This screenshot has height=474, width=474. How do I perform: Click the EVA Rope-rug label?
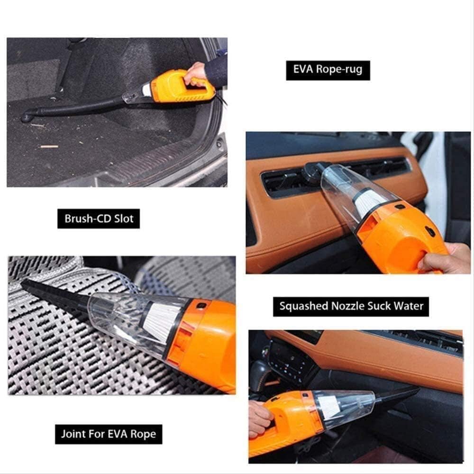point(328,70)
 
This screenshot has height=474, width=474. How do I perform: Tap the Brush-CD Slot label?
point(99,219)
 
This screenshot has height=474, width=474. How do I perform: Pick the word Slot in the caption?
point(124,219)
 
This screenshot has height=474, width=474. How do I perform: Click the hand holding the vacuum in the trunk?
point(195,73)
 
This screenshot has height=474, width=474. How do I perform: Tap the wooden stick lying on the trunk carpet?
point(48,146)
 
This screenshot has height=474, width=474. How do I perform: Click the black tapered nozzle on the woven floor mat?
point(52,294)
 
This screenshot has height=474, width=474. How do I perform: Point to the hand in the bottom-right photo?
point(260,418)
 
